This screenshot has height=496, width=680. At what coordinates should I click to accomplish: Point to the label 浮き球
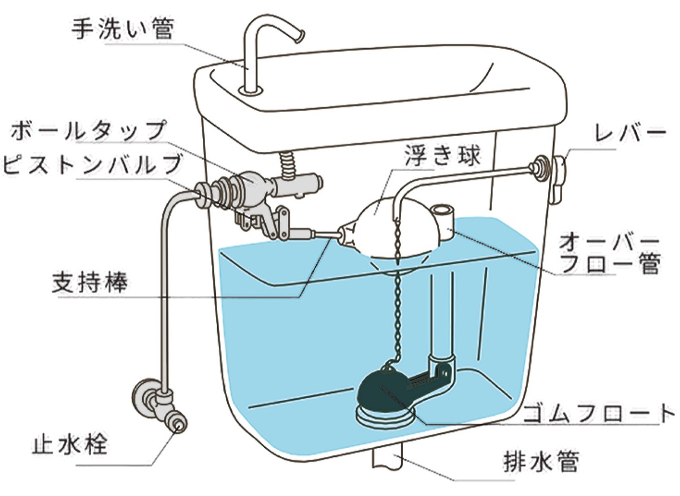[x=443, y=156]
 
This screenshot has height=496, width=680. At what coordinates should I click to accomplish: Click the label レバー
[x=630, y=133]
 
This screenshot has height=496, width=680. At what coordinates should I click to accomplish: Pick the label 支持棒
[x=90, y=282]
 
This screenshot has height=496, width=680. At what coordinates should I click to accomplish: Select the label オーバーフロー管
[x=609, y=254]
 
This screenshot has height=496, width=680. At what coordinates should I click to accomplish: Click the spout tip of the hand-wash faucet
[x=300, y=36]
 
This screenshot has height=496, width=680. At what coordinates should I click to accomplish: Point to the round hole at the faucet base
[x=250, y=90]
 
